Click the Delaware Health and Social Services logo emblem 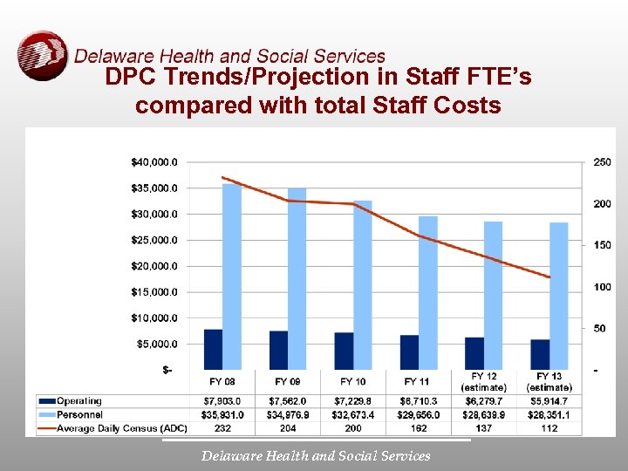[x=42, y=55]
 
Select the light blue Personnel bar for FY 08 [x=232, y=276]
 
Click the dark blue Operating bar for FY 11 [x=409, y=352]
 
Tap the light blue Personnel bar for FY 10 [x=362, y=284]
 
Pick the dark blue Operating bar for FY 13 [x=540, y=354]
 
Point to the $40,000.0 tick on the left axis [x=157, y=162]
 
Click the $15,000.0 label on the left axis [x=157, y=292]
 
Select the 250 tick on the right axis [x=602, y=162]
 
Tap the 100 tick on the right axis [x=602, y=287]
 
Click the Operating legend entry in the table [x=79, y=401]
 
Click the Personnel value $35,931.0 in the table [x=222, y=415]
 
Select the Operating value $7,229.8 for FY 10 [x=352, y=401]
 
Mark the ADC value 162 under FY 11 [x=418, y=428]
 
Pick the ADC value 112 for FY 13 [x=549, y=428]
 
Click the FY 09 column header [x=288, y=381]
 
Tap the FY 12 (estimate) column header [x=483, y=382]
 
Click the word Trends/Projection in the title [x=247, y=78]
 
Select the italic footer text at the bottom [x=316, y=455]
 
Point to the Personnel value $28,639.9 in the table [x=483, y=415]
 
